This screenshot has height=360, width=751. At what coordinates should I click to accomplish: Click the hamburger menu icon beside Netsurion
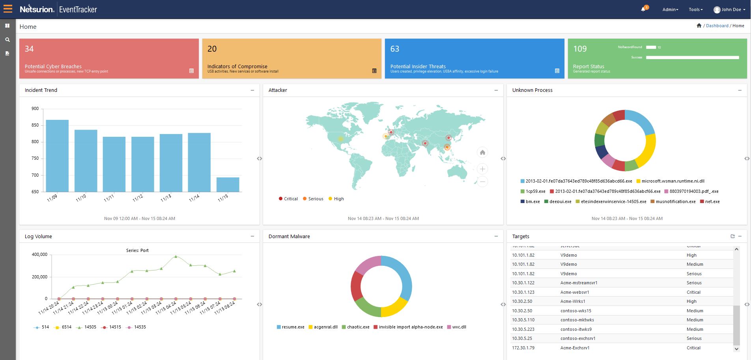pyautogui.click(x=7, y=9)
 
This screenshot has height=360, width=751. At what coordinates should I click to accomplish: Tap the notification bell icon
pyautogui.click(x=643, y=9)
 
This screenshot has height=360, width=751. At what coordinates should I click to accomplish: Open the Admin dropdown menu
pyautogui.click(x=670, y=9)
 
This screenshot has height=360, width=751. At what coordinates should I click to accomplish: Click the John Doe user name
pyautogui.click(x=731, y=9)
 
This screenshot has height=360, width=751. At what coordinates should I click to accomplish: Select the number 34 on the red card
pyautogui.click(x=29, y=49)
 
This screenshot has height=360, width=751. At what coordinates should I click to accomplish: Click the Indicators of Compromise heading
pyautogui.click(x=237, y=66)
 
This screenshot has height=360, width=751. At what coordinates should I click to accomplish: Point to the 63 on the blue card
pyautogui.click(x=394, y=49)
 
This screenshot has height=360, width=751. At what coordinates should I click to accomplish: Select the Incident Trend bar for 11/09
pyautogui.click(x=57, y=155)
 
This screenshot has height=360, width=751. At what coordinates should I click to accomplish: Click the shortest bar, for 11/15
pyautogui.click(x=228, y=184)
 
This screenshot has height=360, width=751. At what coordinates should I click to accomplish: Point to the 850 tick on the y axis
pyautogui.click(x=35, y=125)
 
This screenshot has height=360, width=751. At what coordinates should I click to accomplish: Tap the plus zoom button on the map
pyautogui.click(x=482, y=169)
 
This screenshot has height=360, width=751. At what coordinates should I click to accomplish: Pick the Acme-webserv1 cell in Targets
pyautogui.click(x=575, y=292)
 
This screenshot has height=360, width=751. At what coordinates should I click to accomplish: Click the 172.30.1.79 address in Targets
pyautogui.click(x=523, y=348)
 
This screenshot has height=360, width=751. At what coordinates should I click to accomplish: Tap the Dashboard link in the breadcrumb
pyautogui.click(x=717, y=26)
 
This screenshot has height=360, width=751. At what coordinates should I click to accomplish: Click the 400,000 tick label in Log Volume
pyautogui.click(x=39, y=254)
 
